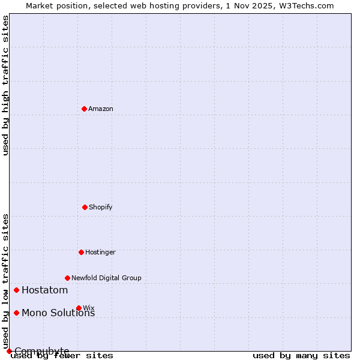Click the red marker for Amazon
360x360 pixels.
(84, 109)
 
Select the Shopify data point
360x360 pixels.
(85, 207)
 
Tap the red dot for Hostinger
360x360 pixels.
(81, 252)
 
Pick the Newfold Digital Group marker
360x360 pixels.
(67, 278)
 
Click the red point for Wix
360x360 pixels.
(79, 308)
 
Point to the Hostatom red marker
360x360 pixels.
(16, 290)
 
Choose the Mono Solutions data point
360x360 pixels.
(16, 313)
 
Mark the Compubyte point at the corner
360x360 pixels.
(9, 351)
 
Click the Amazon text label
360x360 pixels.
(101, 109)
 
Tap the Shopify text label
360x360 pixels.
(101, 207)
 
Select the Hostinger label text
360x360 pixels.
(100, 252)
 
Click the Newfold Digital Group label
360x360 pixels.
(106, 278)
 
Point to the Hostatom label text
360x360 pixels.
(44, 290)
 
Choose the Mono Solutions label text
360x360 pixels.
(58, 313)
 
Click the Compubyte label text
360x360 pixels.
(42, 351)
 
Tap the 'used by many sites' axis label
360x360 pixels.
(301, 355)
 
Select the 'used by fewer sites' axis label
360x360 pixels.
(62, 355)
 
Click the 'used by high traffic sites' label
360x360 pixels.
(5, 85)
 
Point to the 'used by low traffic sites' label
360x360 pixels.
(5, 281)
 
